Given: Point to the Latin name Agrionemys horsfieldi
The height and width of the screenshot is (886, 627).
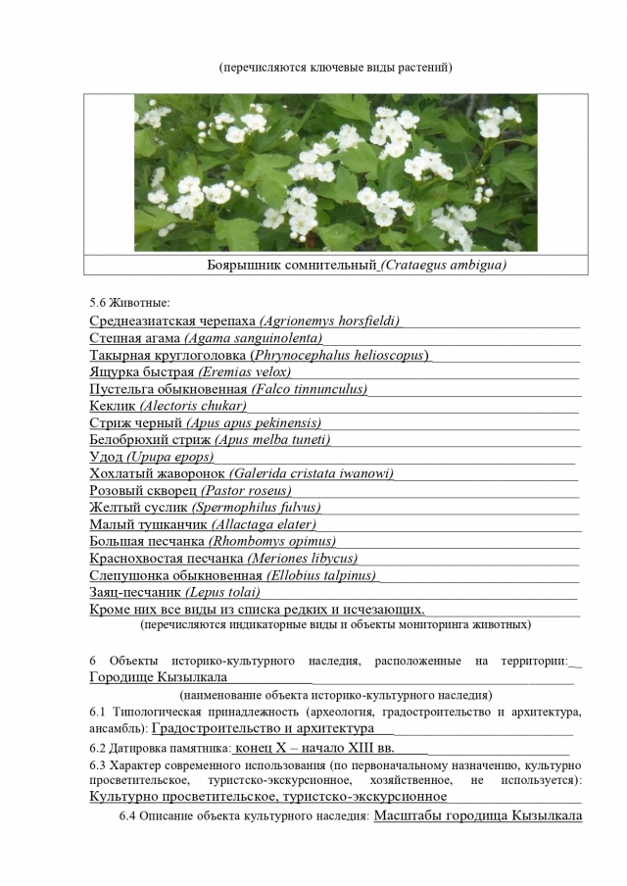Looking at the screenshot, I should tap(330, 320).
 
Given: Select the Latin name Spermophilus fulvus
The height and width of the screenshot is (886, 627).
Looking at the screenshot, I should tap(257, 507).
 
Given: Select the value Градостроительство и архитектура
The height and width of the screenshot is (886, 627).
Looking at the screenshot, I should tap(264, 729).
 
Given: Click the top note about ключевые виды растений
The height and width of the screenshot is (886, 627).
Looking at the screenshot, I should tap(335, 69).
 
